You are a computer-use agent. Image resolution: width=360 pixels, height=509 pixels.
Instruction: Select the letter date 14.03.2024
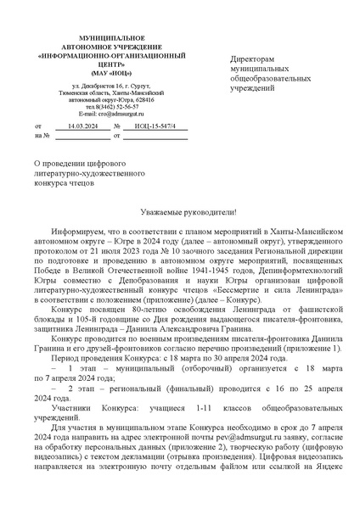point(82,126)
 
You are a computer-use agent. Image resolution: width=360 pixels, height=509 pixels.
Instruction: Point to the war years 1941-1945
point(208,270)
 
